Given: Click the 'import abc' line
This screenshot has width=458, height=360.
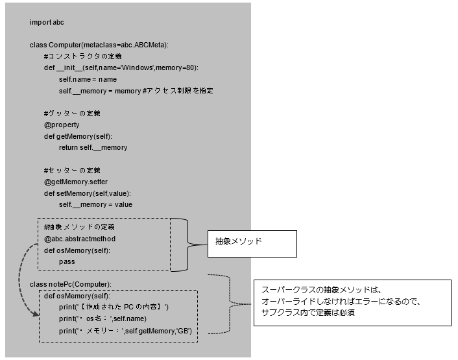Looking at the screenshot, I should [47, 22].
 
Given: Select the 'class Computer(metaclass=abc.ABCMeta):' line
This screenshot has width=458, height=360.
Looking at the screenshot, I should [99, 45].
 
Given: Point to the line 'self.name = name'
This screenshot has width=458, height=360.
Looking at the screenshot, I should [88, 79].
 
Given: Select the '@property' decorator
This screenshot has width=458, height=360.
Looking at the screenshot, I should [62, 125].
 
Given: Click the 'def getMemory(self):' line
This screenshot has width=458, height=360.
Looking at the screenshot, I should [78, 136].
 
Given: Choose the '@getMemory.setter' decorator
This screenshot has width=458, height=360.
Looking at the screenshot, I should [76, 182].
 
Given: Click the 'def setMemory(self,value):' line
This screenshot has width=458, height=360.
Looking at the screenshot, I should [88, 193].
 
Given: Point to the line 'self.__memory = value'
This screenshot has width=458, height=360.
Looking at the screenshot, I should [95, 204].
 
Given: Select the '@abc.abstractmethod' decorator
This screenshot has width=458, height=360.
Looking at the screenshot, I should [79, 239].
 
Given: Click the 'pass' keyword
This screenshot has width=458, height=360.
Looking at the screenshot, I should [66, 261].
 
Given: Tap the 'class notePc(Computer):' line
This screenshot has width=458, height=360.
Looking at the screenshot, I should [71, 284].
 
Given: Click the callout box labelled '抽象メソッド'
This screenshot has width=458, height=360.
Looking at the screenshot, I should [251, 243].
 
